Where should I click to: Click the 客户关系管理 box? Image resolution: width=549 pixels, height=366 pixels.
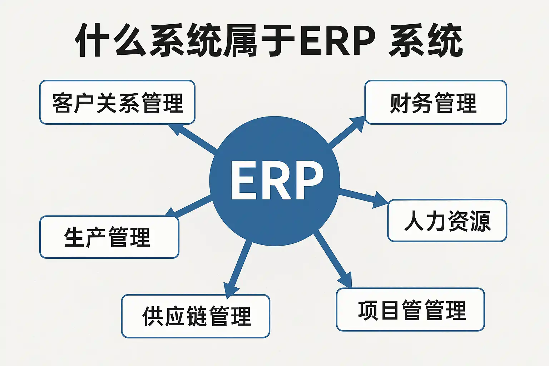[x=117, y=102]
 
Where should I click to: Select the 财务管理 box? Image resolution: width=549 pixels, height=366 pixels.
[x=436, y=102]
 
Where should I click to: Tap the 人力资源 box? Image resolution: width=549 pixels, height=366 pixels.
[x=447, y=221]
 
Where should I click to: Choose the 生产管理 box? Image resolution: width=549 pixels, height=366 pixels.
[x=109, y=237]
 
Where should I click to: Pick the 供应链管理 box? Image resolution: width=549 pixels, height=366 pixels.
[x=196, y=316]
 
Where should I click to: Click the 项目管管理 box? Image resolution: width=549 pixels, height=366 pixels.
[x=411, y=310]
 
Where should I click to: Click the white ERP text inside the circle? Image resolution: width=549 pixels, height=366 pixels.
[x=277, y=180]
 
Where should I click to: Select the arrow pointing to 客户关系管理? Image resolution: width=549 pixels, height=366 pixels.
[x=192, y=139]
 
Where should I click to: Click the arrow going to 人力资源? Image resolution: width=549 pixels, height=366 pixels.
[x=364, y=198]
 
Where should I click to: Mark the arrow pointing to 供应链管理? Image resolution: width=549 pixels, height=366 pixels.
[x=238, y=269]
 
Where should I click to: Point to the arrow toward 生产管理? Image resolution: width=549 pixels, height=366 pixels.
[x=188, y=206]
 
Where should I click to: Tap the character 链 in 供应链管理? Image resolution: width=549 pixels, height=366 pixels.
[x=198, y=316]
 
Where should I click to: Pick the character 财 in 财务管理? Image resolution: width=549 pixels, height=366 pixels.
[x=400, y=103]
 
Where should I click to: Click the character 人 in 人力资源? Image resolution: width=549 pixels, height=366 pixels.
[x=415, y=221]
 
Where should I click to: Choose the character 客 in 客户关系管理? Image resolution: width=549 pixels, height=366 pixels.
[x=63, y=103]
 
